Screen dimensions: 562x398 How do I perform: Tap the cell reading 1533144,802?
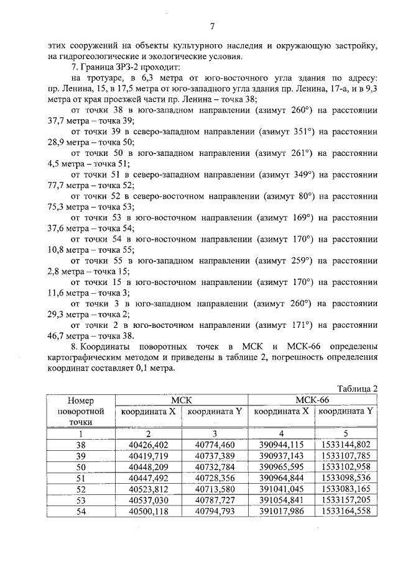click(x=346, y=444)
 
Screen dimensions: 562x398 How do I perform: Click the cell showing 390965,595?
click(x=280, y=466)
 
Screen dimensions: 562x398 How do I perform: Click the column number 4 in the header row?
click(x=280, y=433)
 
